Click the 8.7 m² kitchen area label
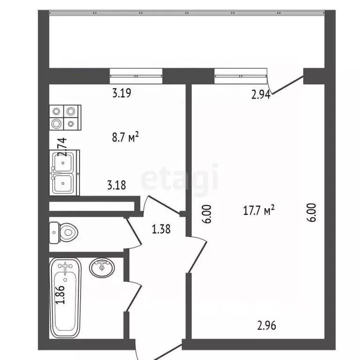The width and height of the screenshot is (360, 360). pyautogui.click(x=124, y=137)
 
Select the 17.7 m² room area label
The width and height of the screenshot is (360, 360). pyautogui.click(x=258, y=211)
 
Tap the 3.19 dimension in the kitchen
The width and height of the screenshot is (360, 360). pyautogui.click(x=121, y=93)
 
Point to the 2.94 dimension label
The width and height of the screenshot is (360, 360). pyautogui.click(x=261, y=96)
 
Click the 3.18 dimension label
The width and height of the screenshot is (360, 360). pyautogui.click(x=116, y=185)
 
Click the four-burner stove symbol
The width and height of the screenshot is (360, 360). pyautogui.click(x=65, y=117)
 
